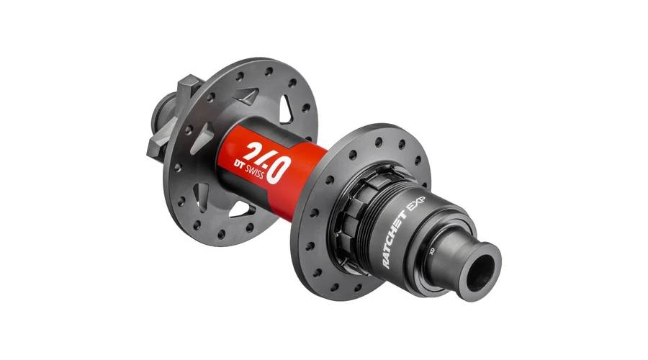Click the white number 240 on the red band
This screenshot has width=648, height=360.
[266, 161]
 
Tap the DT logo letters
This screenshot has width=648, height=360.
[239, 164]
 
